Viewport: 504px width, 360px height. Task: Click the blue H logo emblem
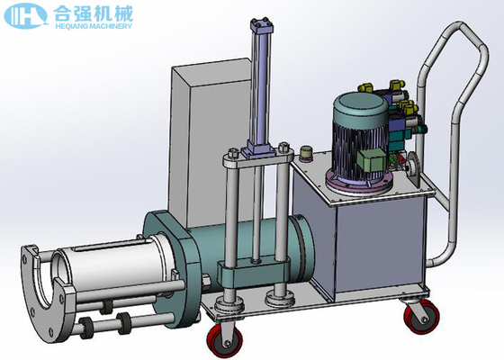click(25, 15)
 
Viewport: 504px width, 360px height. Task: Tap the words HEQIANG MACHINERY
click(94, 26)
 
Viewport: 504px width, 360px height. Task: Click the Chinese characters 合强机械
click(93, 13)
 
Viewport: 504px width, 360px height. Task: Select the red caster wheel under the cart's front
click(221, 341)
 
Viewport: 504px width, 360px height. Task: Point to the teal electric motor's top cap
click(360, 104)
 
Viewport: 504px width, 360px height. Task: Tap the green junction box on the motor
click(372, 161)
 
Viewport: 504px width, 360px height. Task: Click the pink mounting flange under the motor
click(359, 184)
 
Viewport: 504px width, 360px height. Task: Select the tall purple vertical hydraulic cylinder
click(262, 90)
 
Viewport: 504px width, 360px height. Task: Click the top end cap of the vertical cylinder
click(262, 26)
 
